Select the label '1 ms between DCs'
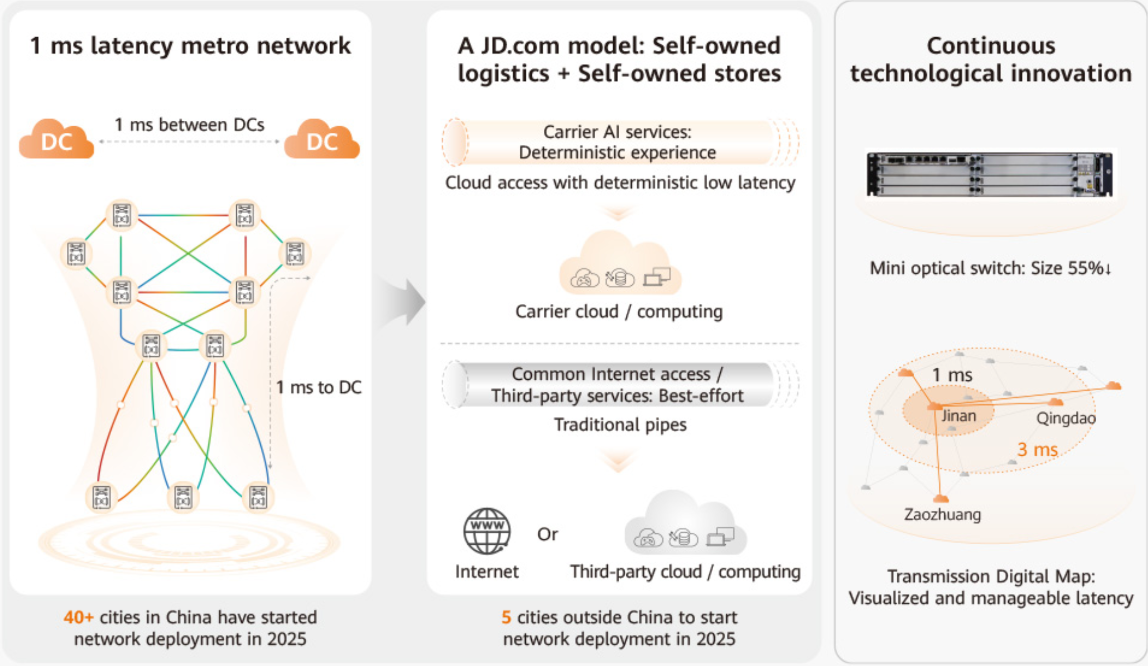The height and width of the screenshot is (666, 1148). (189, 125)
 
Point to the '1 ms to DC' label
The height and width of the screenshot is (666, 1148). (319, 387)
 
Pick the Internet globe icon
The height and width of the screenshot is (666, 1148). (487, 531)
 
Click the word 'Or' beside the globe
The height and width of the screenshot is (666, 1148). (547, 534)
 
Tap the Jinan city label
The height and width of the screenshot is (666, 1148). (959, 416)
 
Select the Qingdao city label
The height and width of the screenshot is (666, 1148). (1066, 418)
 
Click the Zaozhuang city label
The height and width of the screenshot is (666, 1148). (942, 515)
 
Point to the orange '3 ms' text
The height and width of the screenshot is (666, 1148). (1037, 450)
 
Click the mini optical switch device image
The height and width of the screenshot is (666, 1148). (989, 175)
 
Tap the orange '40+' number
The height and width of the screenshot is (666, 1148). (78, 617)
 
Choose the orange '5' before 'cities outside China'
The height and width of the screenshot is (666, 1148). (506, 617)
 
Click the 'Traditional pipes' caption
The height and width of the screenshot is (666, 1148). (620, 425)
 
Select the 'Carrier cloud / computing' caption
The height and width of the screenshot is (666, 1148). (619, 312)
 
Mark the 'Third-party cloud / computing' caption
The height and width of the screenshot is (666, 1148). (685, 572)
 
